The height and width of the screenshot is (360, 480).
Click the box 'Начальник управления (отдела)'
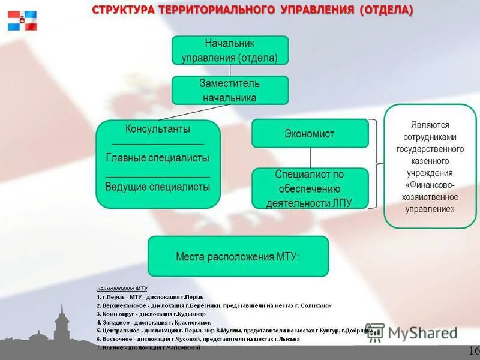point(230,50)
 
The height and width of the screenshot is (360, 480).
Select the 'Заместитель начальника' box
point(230,90)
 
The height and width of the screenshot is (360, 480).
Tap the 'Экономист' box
point(310,133)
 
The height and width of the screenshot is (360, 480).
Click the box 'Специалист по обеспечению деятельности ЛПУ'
point(310,188)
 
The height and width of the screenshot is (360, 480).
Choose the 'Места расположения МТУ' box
point(238,256)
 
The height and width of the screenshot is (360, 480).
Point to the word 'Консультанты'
point(158,129)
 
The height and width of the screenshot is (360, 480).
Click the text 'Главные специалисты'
point(158,158)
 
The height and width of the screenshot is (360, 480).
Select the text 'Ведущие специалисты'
point(158,187)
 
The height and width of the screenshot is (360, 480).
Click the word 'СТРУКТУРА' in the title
point(124,11)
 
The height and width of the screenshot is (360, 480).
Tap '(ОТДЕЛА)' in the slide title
point(386,11)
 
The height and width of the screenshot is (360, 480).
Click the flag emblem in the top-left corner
point(22,20)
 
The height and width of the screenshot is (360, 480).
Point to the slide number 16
point(473,350)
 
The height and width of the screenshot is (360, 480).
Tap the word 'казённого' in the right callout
point(430,161)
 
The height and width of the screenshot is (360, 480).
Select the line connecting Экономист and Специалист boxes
point(310,158)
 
